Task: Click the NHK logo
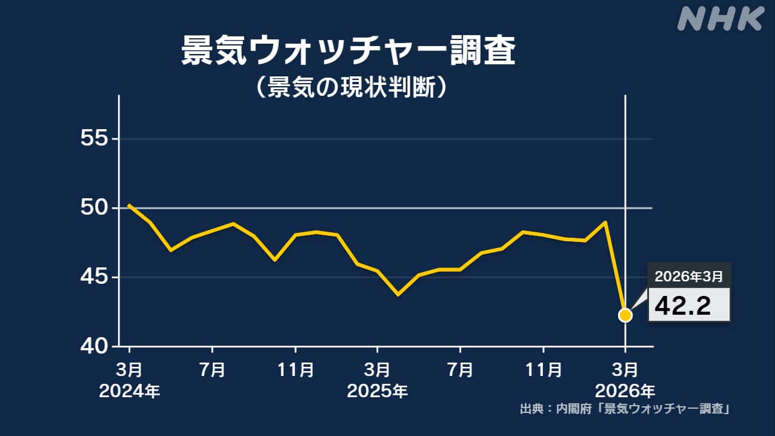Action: (720, 19)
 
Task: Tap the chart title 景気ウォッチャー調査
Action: (348, 52)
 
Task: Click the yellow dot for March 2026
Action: (625, 315)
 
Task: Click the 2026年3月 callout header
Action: (689, 276)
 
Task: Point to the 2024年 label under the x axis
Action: (130, 391)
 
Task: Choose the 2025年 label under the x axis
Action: (378, 391)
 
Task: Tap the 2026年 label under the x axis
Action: (625, 391)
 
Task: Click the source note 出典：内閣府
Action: (624, 409)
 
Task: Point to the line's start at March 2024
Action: (130, 205)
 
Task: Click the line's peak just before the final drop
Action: (605, 222)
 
